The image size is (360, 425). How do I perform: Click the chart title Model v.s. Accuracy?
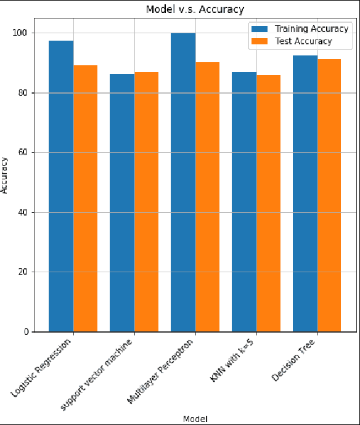194,9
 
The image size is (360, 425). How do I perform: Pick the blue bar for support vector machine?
122,203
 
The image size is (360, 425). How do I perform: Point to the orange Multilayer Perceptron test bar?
207,197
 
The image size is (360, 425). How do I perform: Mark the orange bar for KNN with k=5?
268,203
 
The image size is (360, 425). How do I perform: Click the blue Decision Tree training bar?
305,193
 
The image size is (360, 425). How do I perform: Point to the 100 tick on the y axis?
28,33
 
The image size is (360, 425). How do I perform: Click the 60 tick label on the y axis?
30,152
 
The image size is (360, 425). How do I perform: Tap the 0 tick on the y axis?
33,332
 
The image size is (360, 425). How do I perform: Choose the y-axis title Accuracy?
6,176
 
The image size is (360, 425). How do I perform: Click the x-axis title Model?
195,418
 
